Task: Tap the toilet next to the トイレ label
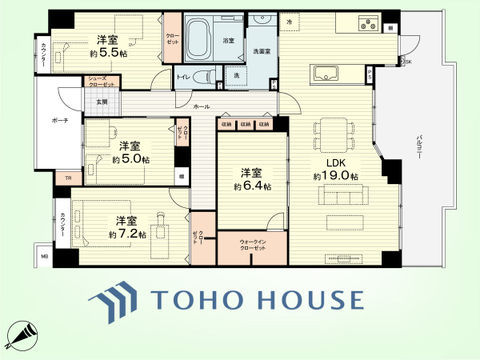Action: [x=201, y=77]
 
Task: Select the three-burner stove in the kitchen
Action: [x=364, y=26]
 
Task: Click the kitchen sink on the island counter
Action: [x=328, y=72]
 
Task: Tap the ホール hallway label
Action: [x=200, y=105]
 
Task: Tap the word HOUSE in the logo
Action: [x=311, y=301]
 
